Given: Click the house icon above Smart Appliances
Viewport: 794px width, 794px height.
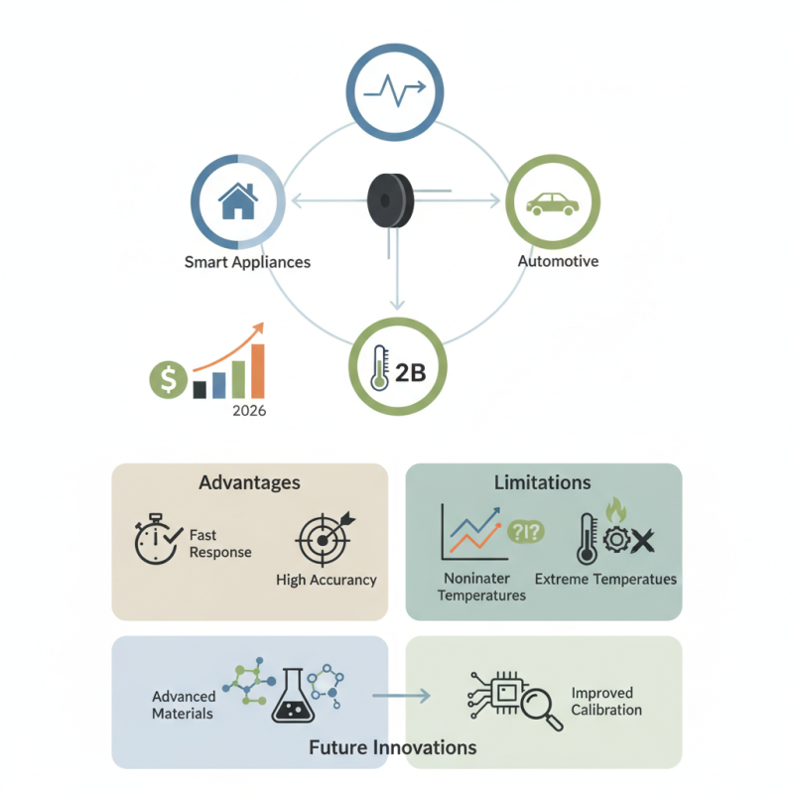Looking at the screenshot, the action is (238, 201).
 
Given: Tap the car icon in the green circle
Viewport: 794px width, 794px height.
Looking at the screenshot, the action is (553, 204).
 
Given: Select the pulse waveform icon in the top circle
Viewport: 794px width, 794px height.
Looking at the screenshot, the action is (395, 90).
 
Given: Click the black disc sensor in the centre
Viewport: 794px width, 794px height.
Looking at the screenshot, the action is (390, 200).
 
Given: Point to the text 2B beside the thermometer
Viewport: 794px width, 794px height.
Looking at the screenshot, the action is (410, 373).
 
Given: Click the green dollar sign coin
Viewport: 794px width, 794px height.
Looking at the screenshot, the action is (169, 379).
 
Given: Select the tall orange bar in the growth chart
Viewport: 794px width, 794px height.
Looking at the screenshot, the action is (258, 371).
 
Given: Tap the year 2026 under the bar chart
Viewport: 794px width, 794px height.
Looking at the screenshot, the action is (249, 410).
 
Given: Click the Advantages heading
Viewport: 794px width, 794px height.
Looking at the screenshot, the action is (250, 482).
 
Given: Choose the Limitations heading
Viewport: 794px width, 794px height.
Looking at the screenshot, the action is (542, 482).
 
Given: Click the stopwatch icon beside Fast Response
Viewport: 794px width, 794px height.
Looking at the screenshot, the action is (158, 539).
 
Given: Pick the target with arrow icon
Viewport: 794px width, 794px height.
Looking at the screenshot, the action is (326, 539).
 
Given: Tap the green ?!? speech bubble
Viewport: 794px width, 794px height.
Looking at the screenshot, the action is (526, 531).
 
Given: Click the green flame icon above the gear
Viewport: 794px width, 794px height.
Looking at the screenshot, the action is (616, 510).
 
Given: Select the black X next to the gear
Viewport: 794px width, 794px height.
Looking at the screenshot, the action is (643, 541).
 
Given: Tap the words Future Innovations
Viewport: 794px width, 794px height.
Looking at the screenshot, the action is (393, 747).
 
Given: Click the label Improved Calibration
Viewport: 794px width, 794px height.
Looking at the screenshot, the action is (606, 702).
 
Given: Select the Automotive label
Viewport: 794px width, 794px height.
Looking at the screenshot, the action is (558, 261).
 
